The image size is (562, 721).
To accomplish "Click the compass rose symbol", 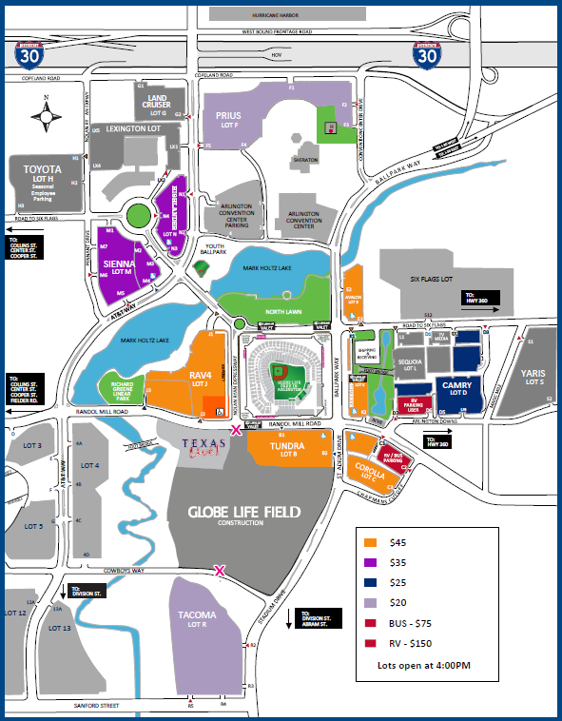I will [47, 116].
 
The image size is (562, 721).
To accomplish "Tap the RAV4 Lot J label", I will [200, 379].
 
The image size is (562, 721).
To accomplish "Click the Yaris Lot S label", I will [535, 377].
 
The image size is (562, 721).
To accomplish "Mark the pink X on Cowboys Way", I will [220, 571].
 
